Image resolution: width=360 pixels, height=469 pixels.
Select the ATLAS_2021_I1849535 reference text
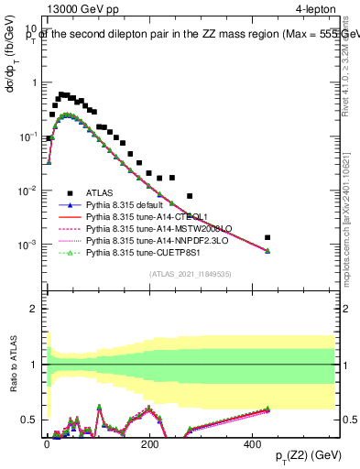[191, 273]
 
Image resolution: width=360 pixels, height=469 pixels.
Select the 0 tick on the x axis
[48, 443]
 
